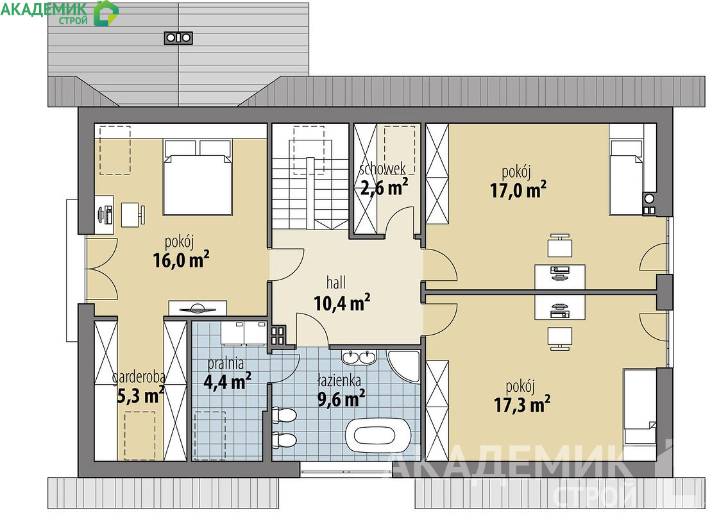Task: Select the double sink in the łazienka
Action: (x=359, y=357)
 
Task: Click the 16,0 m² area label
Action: (x=181, y=260)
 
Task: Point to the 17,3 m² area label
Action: (x=522, y=404)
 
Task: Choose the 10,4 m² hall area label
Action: (x=342, y=303)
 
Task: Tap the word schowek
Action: (x=382, y=168)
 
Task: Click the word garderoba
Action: (x=139, y=378)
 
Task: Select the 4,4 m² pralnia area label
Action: (x=228, y=381)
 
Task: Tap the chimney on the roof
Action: (x=178, y=38)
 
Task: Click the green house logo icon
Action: (x=106, y=13)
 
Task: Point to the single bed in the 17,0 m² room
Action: (x=626, y=178)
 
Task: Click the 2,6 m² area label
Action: (x=384, y=187)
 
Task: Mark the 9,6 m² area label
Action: (x=341, y=398)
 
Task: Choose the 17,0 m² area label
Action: (x=518, y=190)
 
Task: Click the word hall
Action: (x=335, y=282)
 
